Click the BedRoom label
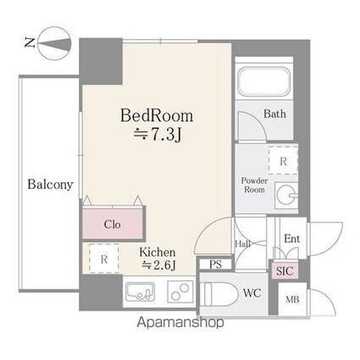157,116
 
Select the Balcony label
50,185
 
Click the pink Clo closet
113,224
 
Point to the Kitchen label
158,252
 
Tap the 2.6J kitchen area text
159,264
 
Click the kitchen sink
141,293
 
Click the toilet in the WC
219,294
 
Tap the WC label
252,293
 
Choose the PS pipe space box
216,264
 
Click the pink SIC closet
285,271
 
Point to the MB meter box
292,299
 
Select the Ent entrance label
292,239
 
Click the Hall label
243,244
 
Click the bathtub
263,82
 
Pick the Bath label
274,114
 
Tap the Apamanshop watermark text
180,323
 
